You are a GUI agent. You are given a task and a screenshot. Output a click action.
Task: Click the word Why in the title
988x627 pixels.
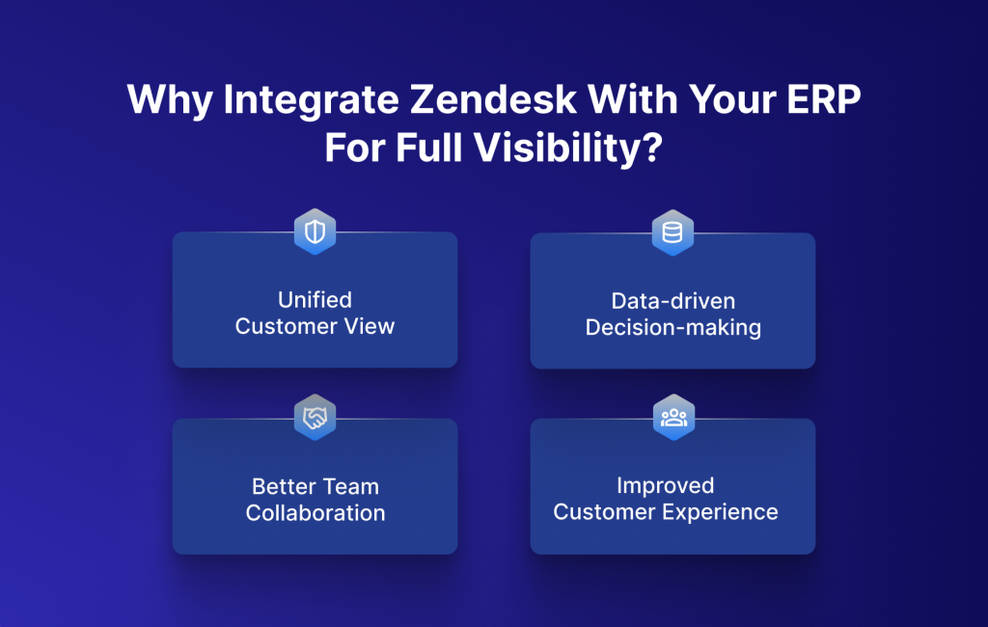[x=163, y=101]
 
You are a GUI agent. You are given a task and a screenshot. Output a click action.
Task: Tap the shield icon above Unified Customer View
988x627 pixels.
[x=315, y=232]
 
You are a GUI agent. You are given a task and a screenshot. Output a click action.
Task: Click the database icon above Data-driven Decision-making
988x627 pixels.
[x=672, y=232]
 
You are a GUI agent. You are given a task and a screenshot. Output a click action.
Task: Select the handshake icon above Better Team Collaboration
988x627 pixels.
[x=315, y=418]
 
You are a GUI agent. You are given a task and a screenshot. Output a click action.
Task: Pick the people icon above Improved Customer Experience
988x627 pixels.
[x=672, y=418]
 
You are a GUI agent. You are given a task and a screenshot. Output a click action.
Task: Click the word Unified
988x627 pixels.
[x=315, y=300]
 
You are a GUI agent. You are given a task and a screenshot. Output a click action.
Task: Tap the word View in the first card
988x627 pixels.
[x=370, y=326]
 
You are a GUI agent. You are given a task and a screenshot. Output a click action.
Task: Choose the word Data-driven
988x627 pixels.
[x=672, y=300]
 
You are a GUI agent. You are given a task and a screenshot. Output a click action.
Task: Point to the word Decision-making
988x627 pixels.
[x=672, y=328]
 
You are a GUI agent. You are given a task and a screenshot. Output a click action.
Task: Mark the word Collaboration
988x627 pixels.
[x=315, y=512]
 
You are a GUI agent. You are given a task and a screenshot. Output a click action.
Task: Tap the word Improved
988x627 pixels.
[x=666, y=485]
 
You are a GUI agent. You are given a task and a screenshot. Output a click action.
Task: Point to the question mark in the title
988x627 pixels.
[x=652, y=150]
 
